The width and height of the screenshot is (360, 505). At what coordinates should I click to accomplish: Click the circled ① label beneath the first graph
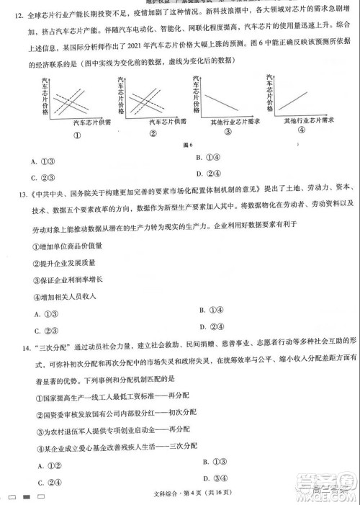[x=74, y=135]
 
